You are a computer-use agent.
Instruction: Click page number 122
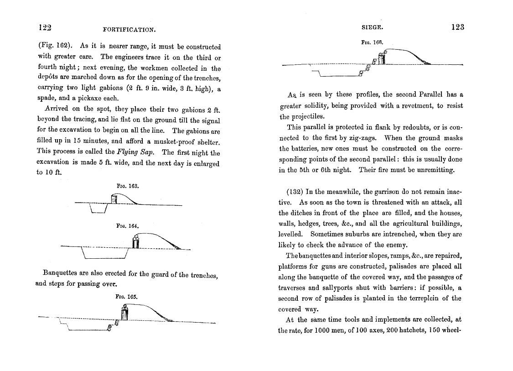[44, 27]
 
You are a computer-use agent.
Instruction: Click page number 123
[457, 27]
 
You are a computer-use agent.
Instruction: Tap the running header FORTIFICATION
[130, 30]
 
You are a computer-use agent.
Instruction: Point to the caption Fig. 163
[128, 186]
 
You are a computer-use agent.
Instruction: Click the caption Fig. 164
[128, 226]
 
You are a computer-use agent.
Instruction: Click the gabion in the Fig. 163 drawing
[114, 199]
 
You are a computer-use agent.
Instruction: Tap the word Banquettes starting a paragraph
[60, 274]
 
